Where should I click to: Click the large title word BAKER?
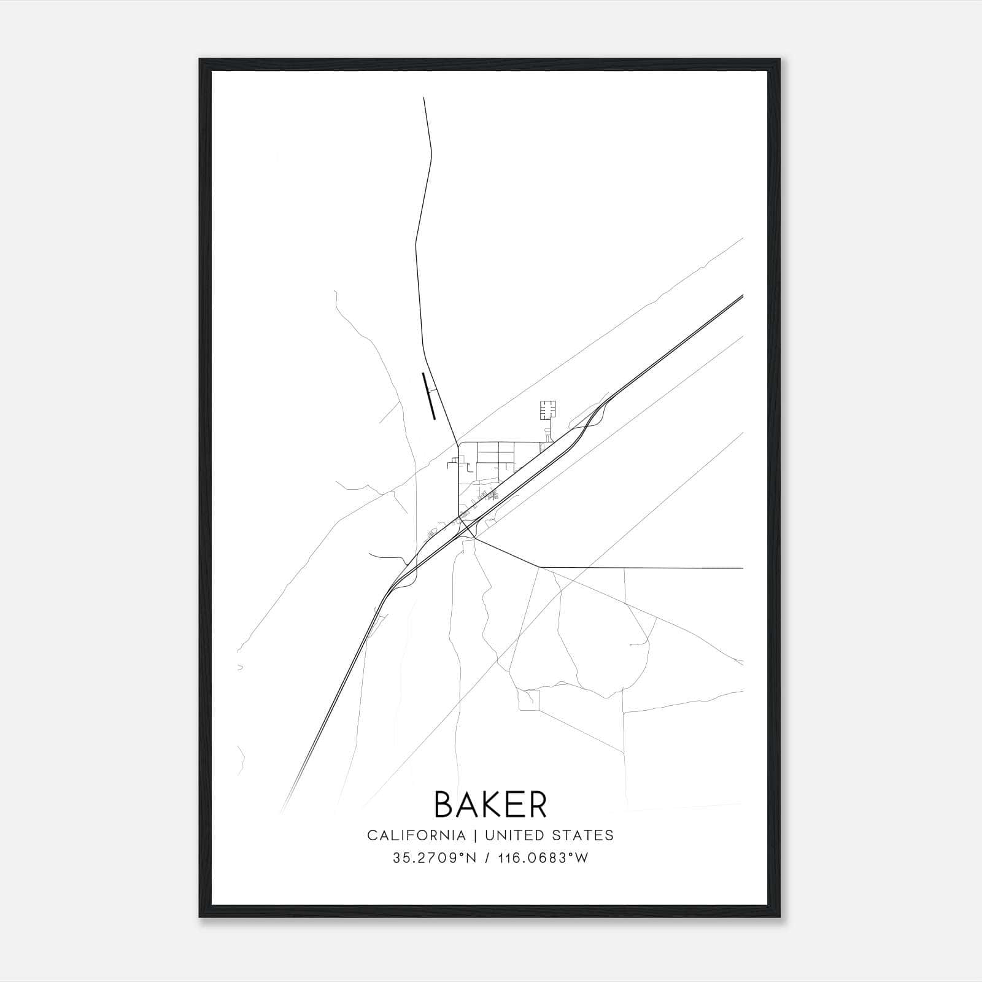coord(490,804)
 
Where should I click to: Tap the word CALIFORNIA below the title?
coord(416,835)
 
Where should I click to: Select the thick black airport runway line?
coord(428,396)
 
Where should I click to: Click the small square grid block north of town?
coord(548,409)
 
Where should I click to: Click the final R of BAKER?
coord(537,804)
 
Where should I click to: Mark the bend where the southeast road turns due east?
coord(539,567)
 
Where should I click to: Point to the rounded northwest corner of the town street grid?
coord(461,444)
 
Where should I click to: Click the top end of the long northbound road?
coord(424,98)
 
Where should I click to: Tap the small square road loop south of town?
coord(528,700)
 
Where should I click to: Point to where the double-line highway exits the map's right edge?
coord(743,296)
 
